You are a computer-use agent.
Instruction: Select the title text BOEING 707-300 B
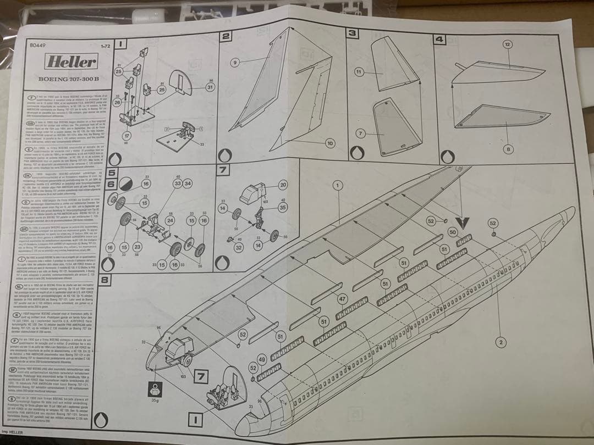69,79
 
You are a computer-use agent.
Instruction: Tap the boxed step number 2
226,36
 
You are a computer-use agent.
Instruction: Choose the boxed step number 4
439,39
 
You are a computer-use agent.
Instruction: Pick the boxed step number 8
106,281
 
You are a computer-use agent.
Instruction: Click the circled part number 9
235,63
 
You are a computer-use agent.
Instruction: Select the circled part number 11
359,72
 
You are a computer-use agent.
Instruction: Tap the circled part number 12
507,44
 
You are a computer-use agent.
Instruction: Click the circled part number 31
210,87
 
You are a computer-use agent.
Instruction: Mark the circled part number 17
128,136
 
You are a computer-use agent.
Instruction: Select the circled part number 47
342,299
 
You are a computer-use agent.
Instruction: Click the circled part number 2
501,343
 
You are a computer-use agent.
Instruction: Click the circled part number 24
170,220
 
